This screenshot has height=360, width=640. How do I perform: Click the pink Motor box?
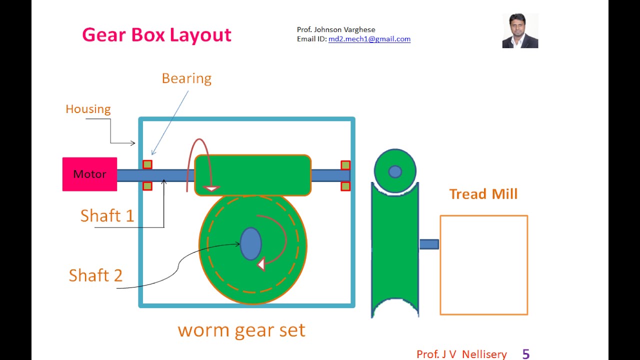point(89,174)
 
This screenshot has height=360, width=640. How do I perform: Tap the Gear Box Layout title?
point(156,35)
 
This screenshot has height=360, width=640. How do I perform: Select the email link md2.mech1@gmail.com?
point(369,39)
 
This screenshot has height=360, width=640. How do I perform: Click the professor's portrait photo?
point(520,30)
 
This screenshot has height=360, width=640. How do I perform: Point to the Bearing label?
point(186,78)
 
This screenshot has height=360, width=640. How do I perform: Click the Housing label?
point(88,109)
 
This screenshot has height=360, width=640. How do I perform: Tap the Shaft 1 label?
point(107,215)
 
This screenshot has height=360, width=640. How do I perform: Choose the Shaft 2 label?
point(95,275)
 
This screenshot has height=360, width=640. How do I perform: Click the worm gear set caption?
point(241,330)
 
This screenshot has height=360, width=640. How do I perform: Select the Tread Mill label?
point(483,194)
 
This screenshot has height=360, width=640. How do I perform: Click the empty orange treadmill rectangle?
point(483,265)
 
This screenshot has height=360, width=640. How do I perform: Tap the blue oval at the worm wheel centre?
point(250,244)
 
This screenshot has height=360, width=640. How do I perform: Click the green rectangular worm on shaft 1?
point(252,175)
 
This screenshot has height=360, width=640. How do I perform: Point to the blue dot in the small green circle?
point(395,171)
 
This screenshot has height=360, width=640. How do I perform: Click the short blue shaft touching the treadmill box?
point(428,244)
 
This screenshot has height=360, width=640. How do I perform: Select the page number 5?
point(525,354)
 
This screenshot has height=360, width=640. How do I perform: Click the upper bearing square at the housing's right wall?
point(345,165)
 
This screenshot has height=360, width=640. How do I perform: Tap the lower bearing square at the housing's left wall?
point(147,186)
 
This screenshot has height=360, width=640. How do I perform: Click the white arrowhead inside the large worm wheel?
point(260,264)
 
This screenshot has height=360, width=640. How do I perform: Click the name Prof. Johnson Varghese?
point(336,29)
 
